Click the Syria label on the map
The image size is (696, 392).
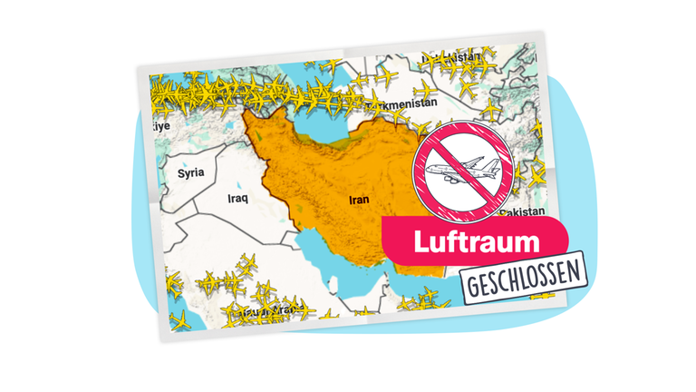click(x=189, y=171)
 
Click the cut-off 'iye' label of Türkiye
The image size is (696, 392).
click(x=160, y=127)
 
